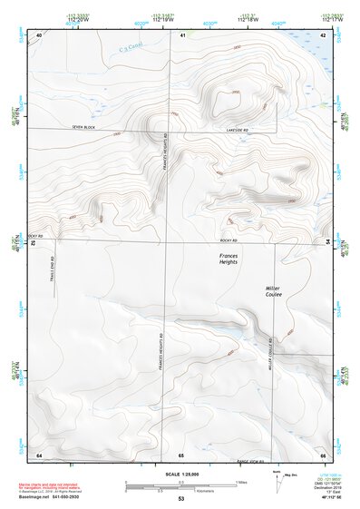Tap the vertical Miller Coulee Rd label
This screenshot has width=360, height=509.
pyautogui.click(x=270, y=361)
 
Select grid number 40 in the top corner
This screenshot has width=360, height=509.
pyautogui.click(x=39, y=34)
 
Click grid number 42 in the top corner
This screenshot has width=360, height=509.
pyautogui.click(x=324, y=34)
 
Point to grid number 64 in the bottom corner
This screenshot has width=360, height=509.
pyautogui.click(x=39, y=454)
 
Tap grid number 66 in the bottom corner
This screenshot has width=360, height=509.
pyautogui.click(x=323, y=454)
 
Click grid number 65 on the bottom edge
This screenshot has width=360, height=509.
pyautogui.click(x=181, y=454)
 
